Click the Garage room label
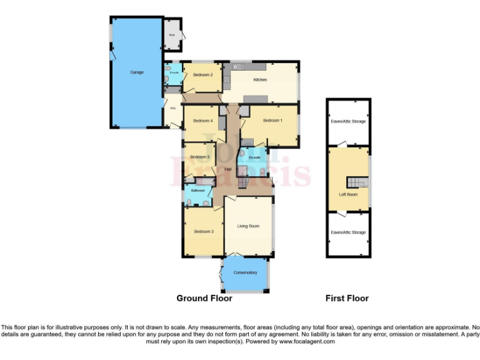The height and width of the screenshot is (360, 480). (137, 72)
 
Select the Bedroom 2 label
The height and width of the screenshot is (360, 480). (203, 75)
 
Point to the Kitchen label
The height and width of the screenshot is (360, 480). (261, 80)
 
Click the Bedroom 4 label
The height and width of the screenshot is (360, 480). (203, 121)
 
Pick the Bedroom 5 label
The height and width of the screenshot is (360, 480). (199, 157)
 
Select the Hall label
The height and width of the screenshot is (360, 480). (229, 169)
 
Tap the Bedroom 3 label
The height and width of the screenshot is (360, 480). (204, 232)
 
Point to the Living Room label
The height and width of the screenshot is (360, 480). (248, 226)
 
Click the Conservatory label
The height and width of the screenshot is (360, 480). (246, 272)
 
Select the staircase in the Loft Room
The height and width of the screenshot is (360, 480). (354, 182)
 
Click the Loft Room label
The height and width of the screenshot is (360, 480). (348, 194)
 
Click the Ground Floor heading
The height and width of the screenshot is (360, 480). (204, 299)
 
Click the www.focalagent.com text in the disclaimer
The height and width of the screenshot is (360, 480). (307, 342)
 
